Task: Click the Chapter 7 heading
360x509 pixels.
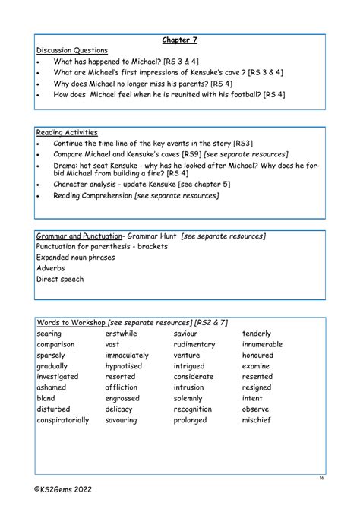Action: point(179,40)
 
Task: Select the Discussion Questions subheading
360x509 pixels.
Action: point(72,50)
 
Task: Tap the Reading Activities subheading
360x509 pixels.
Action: point(67,133)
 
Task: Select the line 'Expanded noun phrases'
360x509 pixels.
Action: point(76,258)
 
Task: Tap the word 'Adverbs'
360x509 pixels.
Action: point(51,268)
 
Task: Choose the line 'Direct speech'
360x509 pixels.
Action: point(60,279)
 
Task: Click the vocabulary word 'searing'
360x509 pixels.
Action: point(49,334)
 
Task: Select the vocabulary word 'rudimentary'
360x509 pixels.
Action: point(194,344)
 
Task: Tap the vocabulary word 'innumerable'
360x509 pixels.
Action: point(262,344)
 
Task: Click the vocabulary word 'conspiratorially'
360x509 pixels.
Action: point(63,419)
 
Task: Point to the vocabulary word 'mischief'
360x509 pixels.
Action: point(256,419)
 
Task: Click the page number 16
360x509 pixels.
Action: point(321,479)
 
